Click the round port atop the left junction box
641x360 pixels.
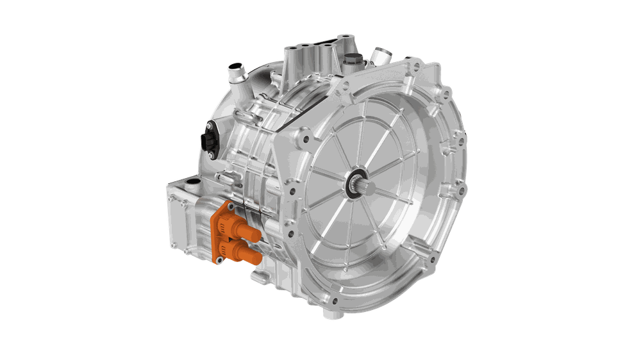[x=190, y=186]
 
